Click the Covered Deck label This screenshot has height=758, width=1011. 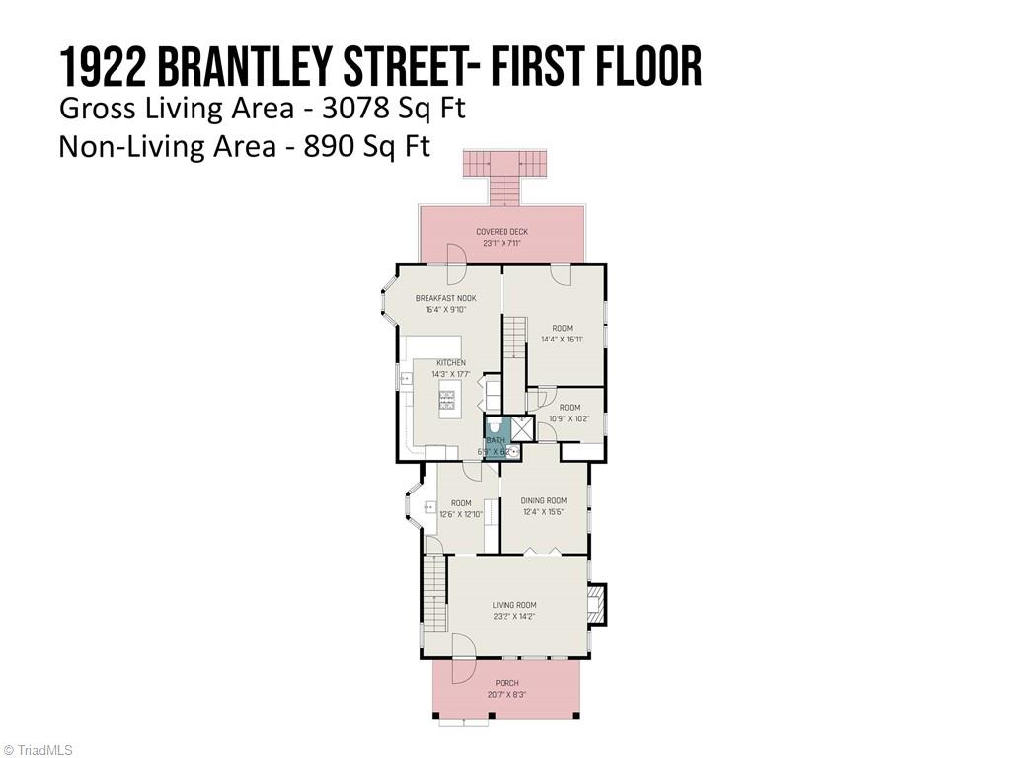502,232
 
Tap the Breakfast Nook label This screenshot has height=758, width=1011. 445,298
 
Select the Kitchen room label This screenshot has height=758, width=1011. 451,362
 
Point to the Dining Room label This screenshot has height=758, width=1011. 544,500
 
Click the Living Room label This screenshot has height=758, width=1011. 514,605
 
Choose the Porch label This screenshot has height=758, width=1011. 506,683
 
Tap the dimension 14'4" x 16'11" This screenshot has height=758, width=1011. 562,340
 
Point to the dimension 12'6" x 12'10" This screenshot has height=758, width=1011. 460,514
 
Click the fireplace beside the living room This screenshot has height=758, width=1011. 595,604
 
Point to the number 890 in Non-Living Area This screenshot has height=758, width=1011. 327,146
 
